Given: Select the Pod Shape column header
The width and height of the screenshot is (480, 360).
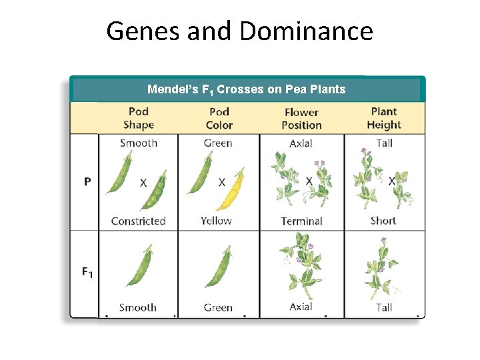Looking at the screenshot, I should coord(139,118).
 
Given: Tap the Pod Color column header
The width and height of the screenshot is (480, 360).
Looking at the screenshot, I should coord(219,118).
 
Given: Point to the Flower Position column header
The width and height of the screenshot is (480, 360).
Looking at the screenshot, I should coord(301,119).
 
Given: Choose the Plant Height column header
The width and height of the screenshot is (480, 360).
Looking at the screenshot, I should coord(384,118).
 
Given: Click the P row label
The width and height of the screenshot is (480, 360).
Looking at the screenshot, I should coord(87,181).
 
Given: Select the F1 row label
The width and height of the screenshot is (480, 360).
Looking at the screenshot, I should coord(87,272).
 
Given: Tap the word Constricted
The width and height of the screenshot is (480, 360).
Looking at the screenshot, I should coord(138,221).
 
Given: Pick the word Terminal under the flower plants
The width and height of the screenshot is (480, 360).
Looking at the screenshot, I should coord(301,221).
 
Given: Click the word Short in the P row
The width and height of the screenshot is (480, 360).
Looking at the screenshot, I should coord(383,221).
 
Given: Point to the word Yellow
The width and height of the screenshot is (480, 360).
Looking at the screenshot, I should coord(216,221).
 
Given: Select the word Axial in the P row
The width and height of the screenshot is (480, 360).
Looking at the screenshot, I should coord(301,143).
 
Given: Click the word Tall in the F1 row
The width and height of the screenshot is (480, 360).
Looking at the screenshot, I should coord(383,307).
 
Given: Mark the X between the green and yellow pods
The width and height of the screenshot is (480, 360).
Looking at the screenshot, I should coord(222,182).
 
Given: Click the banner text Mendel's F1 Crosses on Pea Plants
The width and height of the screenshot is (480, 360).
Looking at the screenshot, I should coord(247,89).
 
